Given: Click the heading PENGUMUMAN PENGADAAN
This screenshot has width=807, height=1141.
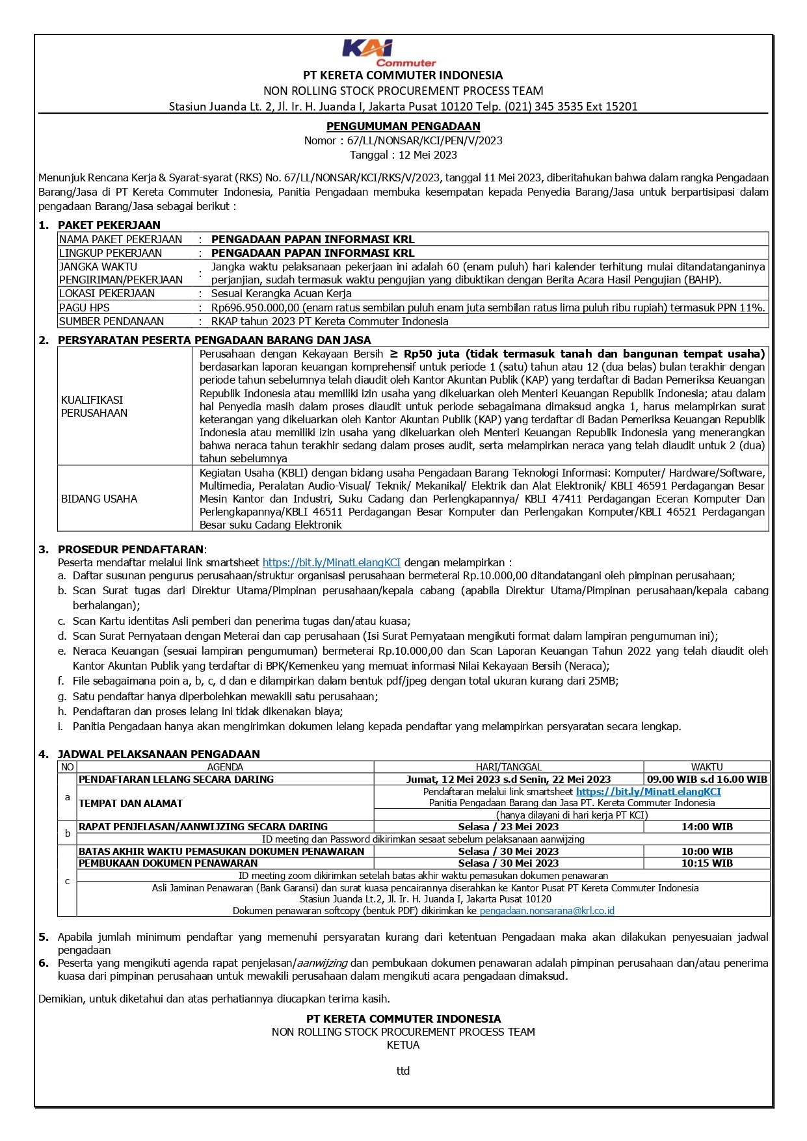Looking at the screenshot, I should [x=403, y=126].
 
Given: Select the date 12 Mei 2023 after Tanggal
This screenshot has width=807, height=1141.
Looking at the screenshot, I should [x=427, y=155].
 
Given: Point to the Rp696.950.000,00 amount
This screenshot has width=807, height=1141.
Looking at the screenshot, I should [x=255, y=308].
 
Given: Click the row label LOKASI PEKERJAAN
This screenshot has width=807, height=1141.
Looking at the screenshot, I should [x=107, y=293].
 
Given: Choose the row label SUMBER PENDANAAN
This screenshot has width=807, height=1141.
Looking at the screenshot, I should [x=111, y=321].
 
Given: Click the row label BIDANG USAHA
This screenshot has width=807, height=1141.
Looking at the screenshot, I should [x=99, y=499].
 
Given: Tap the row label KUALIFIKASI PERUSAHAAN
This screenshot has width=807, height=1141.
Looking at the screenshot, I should [x=94, y=406].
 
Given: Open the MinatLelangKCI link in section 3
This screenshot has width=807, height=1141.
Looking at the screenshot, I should [x=331, y=562].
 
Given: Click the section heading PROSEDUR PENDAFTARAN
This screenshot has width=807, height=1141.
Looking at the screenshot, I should [x=131, y=549].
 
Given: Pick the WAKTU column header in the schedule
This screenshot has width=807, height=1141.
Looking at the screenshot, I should [x=706, y=767].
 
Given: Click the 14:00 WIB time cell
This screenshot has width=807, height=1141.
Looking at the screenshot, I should [x=706, y=827].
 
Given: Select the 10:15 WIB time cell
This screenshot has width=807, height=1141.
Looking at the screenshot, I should [x=706, y=863].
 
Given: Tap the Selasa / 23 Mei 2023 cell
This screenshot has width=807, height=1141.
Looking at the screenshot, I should [x=508, y=827].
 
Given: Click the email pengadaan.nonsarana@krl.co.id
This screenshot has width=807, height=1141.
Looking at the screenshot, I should [x=547, y=911].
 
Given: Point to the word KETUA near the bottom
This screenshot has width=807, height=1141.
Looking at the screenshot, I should [x=403, y=1045].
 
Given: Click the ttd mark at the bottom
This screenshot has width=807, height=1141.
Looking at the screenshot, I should [x=403, y=1071].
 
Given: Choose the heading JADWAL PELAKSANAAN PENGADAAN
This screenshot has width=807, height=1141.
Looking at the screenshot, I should [x=159, y=754].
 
